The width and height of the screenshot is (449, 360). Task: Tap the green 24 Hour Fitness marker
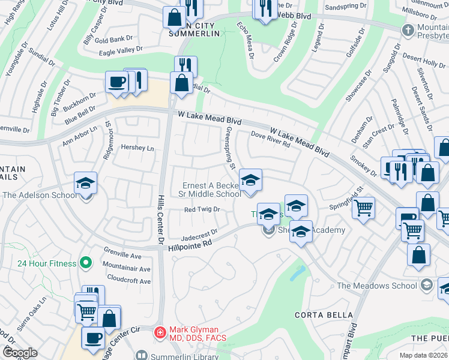[x=86, y=263]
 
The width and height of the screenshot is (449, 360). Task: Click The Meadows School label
[x=377, y=286]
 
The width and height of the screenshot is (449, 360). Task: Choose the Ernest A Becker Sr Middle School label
[x=211, y=189]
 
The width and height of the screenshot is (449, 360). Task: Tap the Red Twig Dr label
[x=202, y=209]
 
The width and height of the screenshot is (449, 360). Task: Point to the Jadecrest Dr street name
[x=199, y=234]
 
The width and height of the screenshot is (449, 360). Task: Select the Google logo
[x=19, y=353]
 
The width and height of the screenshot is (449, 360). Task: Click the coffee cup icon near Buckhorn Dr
[x=116, y=82]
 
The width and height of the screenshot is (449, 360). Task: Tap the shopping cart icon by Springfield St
[x=363, y=208]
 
